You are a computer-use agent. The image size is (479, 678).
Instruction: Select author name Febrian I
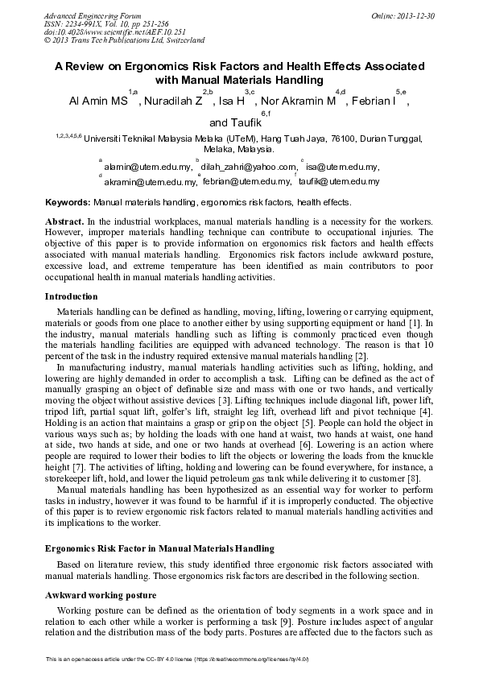(378, 101)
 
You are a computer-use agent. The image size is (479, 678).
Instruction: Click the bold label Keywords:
(68, 203)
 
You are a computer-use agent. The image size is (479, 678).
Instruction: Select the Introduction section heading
(72, 296)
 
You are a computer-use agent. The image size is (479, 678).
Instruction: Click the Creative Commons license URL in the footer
(254, 659)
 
